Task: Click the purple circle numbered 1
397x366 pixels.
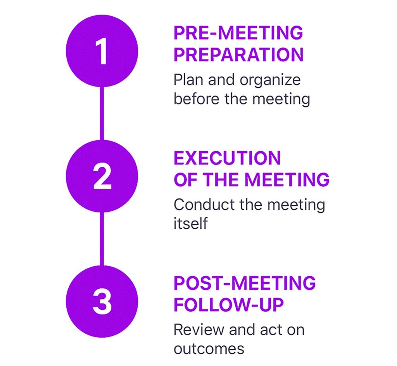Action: [x=102, y=51]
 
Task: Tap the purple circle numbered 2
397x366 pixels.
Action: [x=102, y=176]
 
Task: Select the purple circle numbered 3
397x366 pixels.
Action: [x=102, y=301]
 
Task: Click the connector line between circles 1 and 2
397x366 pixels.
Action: [x=102, y=113]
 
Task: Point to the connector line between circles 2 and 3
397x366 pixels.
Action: [x=102, y=239]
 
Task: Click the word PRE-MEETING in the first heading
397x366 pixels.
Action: [x=238, y=33]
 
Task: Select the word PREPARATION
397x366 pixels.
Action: [x=238, y=54]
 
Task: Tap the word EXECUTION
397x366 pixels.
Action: [x=227, y=158]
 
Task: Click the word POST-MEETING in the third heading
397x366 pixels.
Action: [x=245, y=283]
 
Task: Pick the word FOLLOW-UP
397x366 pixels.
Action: [x=229, y=304]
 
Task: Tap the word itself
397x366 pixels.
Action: [x=190, y=223]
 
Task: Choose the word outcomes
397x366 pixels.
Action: [x=209, y=349]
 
